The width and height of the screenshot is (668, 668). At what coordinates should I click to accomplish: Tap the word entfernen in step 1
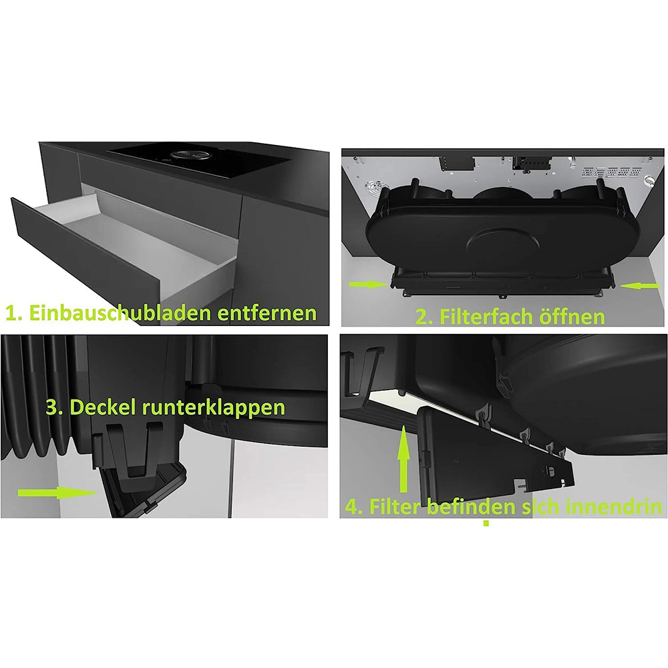click(x=267, y=313)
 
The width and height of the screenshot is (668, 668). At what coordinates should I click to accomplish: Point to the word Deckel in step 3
click(x=102, y=407)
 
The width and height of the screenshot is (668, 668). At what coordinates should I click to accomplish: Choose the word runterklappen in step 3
click(x=213, y=408)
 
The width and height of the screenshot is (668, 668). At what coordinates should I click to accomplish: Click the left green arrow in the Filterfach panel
click(x=369, y=284)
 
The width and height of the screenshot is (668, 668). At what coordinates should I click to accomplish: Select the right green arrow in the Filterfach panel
click(x=640, y=287)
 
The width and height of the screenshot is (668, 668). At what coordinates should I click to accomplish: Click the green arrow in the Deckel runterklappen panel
click(x=57, y=493)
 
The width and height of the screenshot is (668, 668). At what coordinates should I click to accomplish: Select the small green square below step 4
click(x=486, y=523)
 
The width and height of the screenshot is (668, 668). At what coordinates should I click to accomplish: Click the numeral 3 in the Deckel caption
click(x=51, y=407)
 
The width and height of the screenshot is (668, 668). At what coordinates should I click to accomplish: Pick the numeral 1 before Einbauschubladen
click(x=11, y=313)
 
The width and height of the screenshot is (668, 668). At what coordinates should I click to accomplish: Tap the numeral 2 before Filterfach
click(x=422, y=317)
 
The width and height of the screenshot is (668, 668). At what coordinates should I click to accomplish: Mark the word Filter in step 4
click(x=395, y=506)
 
